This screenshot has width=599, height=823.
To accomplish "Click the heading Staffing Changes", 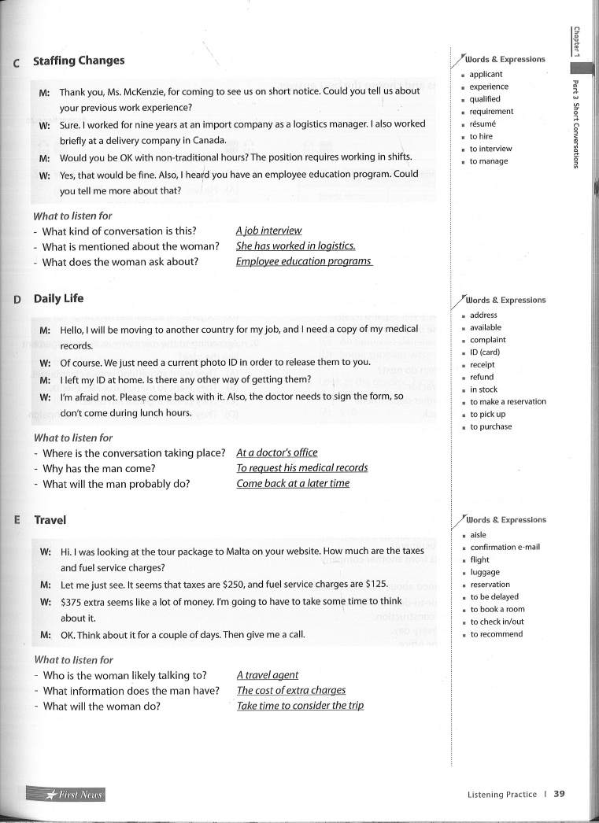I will [79, 61].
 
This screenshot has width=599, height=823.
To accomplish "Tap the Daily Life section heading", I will [58, 299].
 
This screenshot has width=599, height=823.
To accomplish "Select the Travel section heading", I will [50, 520].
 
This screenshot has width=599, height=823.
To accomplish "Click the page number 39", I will [559, 794].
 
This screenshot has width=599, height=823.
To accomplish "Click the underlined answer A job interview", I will [268, 231].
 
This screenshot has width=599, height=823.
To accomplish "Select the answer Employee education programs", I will [303, 261].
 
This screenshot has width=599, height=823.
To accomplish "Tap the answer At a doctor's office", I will [277, 452].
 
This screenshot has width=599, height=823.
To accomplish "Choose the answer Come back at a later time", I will [293, 483].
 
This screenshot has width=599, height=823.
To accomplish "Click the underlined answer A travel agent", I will [268, 675].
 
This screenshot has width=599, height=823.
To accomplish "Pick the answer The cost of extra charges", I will [291, 690].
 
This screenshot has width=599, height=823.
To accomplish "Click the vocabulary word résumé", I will [483, 124].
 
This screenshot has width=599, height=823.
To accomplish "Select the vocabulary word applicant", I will [486, 75].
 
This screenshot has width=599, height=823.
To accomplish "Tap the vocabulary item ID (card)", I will [485, 352].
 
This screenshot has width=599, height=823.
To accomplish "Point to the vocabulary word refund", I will [482, 377].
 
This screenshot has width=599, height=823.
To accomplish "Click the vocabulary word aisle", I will [478, 535].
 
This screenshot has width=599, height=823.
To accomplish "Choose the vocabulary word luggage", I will [485, 572].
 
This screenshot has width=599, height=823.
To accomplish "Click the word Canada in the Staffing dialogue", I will [209, 141].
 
